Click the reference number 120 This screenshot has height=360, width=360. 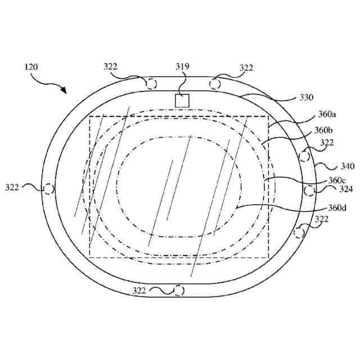coord(31,67)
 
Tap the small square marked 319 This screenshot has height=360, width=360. coord(182,100)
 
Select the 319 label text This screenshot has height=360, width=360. coord(182,67)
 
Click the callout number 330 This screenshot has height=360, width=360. coord(306,97)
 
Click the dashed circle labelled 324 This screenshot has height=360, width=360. coord(309,190)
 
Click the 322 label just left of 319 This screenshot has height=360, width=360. coord(111,67)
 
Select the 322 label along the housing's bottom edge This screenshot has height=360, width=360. coord(139,290)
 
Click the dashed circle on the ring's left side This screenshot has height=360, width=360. coord(49,189)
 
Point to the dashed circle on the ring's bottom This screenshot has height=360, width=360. coord(179,290)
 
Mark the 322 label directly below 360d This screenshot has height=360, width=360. coord(321,219)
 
